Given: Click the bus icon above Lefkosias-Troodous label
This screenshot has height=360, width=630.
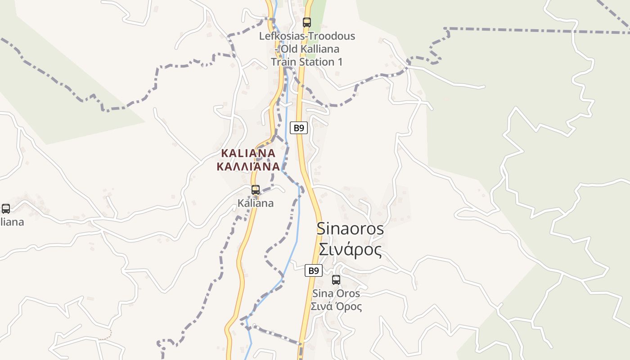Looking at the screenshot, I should tap(307, 22).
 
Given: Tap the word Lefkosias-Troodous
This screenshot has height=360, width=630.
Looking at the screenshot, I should tap(307, 36).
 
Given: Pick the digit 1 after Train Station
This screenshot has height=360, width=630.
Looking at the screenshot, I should tap(339, 62).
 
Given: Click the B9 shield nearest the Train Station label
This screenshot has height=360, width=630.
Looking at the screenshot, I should tap(298, 128).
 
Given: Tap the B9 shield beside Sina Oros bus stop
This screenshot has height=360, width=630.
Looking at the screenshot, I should tap(314, 270).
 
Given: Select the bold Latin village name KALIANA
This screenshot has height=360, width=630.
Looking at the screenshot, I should tap(248, 153).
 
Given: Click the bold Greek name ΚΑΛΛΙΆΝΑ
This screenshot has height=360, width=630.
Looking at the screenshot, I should tap(248, 167).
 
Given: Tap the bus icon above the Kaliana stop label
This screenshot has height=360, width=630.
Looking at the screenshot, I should tap(256, 190).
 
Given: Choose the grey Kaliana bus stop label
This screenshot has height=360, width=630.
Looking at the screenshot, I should tap(256, 203).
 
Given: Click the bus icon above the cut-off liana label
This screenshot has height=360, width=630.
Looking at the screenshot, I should tap(6, 209).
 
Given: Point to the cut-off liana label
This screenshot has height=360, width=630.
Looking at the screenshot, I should tap(12, 222).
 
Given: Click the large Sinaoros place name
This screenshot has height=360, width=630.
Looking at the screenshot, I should tap(350, 229).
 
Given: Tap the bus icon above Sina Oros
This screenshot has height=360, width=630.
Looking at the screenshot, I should tap(336, 280).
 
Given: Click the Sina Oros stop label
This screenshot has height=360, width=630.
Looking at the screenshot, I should tap(336, 293).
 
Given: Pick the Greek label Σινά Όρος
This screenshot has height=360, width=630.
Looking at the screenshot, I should tap(336, 306).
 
